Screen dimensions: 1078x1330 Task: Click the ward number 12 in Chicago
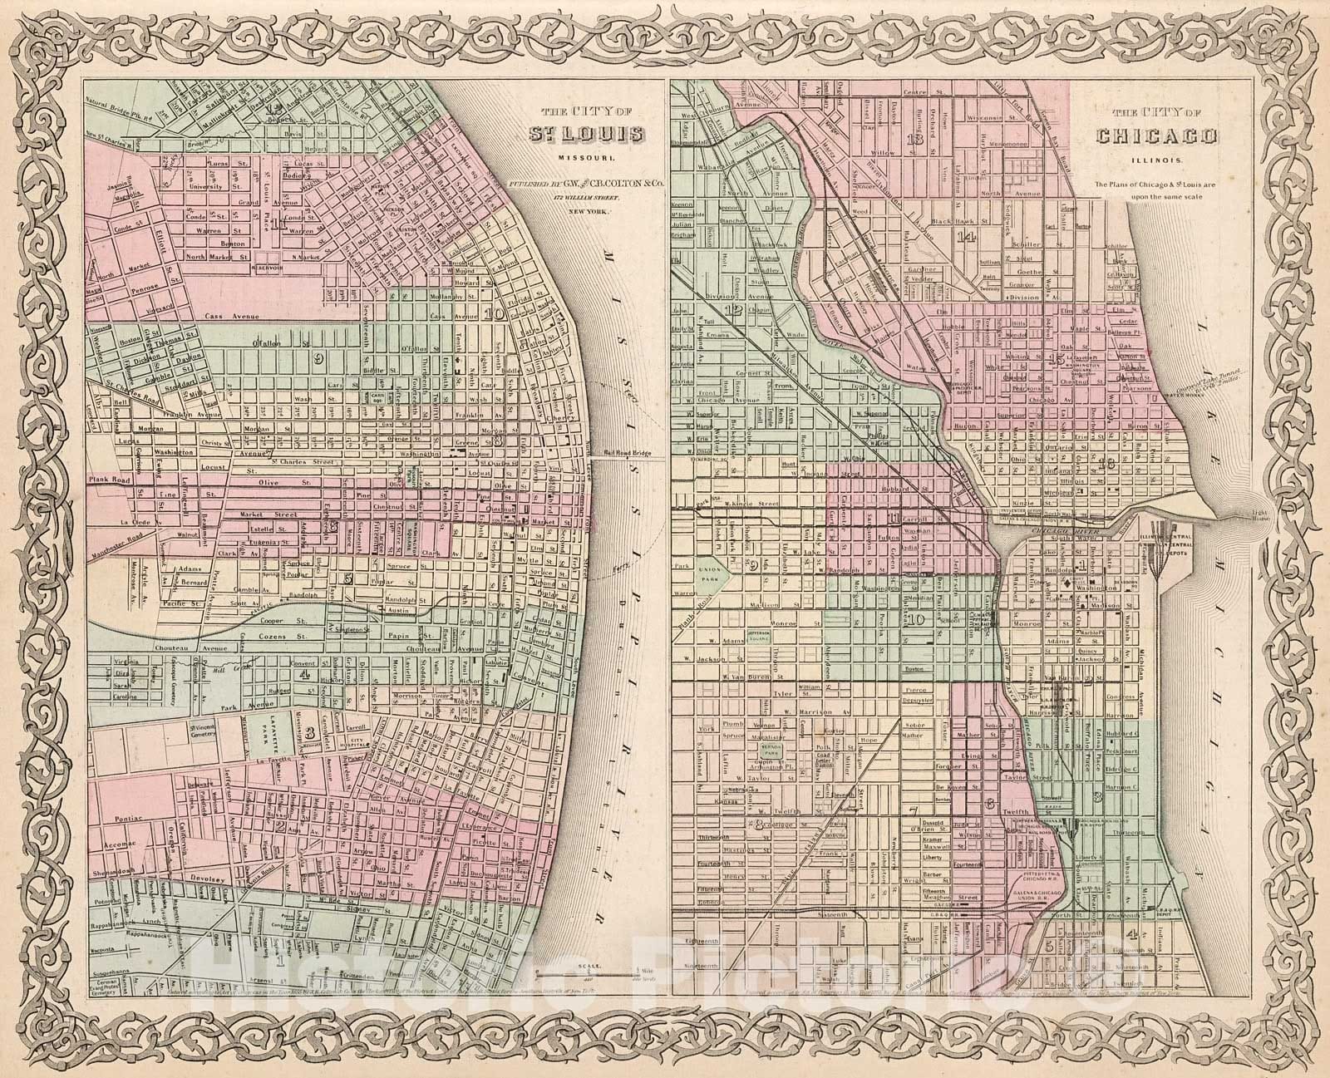pyautogui.click(x=733, y=311)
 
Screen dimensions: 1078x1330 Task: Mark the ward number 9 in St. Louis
pyautogui.click(x=317, y=358)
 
